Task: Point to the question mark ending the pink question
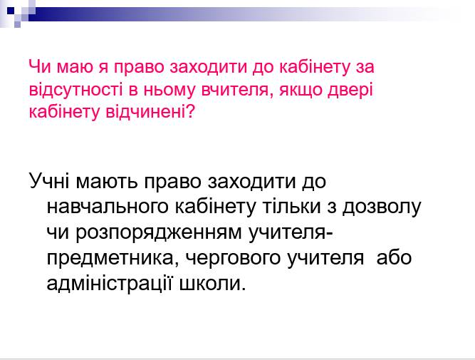pos(189,112)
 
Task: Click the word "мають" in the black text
pos(110,182)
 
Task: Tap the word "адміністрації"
pos(113,284)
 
